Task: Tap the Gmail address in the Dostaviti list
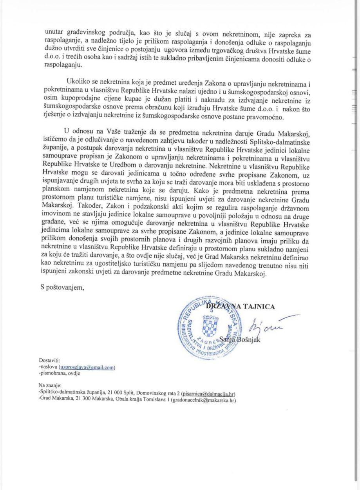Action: click(87, 367)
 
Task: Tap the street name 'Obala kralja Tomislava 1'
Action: click(132, 400)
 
